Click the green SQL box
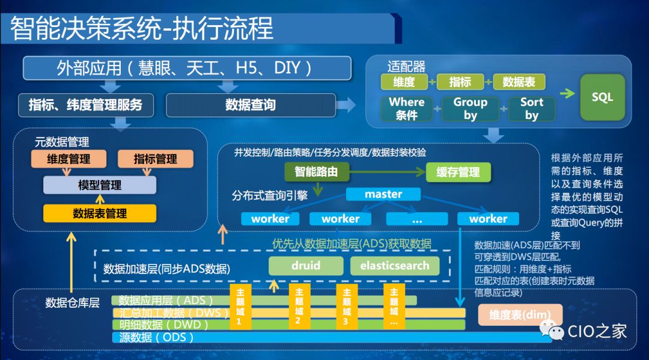(x=602, y=97)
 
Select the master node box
(x=383, y=194)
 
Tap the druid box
(x=306, y=266)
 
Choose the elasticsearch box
(x=395, y=266)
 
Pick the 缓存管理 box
(x=458, y=172)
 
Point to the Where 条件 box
(x=406, y=108)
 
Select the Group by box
(x=470, y=108)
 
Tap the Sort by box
(x=531, y=108)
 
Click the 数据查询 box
(x=250, y=105)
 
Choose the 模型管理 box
(x=99, y=185)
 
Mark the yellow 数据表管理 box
(x=99, y=213)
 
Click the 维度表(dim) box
(x=520, y=314)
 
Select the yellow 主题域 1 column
(x=240, y=307)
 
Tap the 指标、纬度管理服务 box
(x=86, y=105)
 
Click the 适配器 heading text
(x=406, y=66)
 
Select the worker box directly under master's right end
(x=488, y=219)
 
